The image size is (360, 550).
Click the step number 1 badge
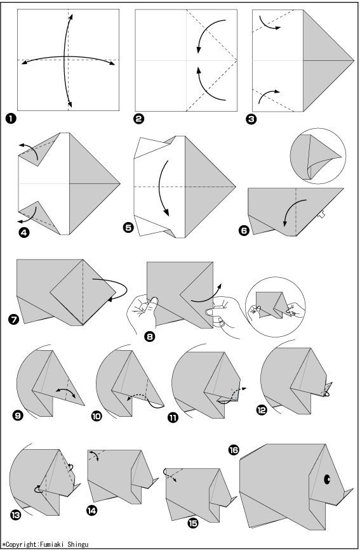pyautogui.click(x=11, y=119)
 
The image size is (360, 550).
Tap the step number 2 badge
pyautogui.click(x=139, y=119)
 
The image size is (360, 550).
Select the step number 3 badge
pyautogui.click(x=251, y=119)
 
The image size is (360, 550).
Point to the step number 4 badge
pyautogui.click(x=24, y=232)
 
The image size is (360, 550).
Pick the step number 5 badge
pyautogui.click(x=128, y=227)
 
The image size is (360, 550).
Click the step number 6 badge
pyautogui.click(x=244, y=230)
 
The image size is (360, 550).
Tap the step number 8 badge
pyautogui.click(x=150, y=336)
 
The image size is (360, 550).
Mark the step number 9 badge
pyautogui.click(x=18, y=416)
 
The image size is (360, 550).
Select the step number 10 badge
pyautogui.click(x=97, y=416)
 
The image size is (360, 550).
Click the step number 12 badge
pyautogui.click(x=262, y=409)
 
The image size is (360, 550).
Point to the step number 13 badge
pyautogui.click(x=15, y=514)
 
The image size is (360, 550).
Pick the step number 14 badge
pyautogui.click(x=91, y=511)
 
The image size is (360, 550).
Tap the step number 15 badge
pyautogui.click(x=193, y=523)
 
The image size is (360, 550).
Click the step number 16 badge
pyautogui.click(x=234, y=450)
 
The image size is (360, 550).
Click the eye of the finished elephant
pyautogui.click(x=327, y=479)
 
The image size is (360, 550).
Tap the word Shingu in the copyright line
pyautogui.click(x=78, y=544)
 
